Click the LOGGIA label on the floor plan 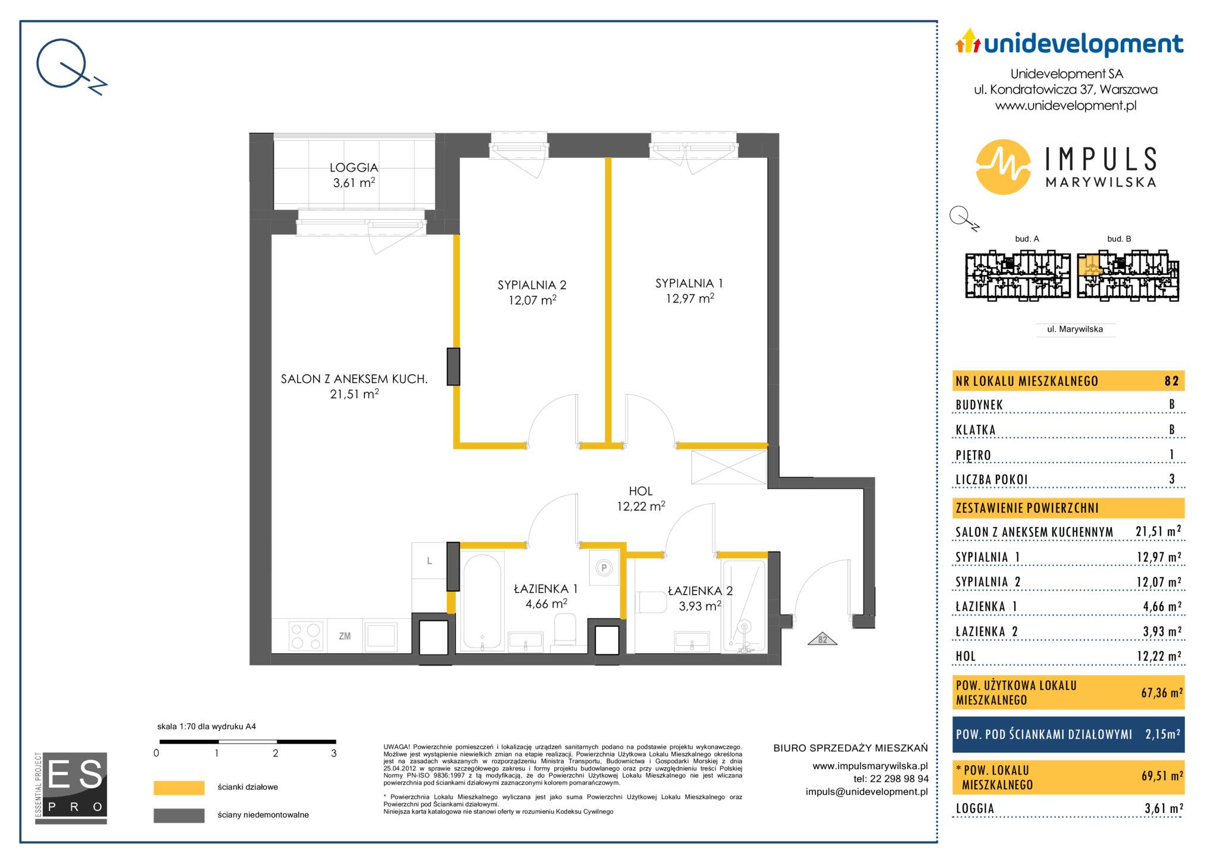tap(354, 168)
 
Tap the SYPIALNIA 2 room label tap(532, 285)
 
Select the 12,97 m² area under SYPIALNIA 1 tap(690, 298)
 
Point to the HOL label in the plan tap(640, 491)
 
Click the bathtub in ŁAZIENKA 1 tap(482, 601)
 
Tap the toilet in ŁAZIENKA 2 tap(652, 602)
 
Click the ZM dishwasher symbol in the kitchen tap(345, 636)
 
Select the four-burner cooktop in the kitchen tap(307, 635)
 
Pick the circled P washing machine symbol tap(604, 568)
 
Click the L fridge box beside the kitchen tap(429, 560)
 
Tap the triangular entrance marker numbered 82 tap(823, 639)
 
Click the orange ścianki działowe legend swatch tap(179, 788)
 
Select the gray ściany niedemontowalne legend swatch tap(179, 815)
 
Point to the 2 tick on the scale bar tap(276, 742)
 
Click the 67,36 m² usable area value tap(1161, 692)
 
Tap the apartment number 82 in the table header tap(1171, 381)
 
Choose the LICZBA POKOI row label tap(992, 479)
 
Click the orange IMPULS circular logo tap(1003, 167)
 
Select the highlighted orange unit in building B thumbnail tap(1090, 264)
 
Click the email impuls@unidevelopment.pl tap(867, 792)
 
